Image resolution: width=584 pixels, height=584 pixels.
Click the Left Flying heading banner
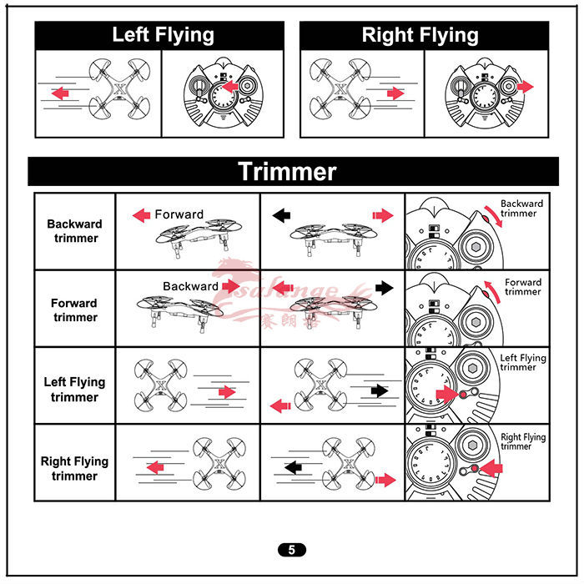163,35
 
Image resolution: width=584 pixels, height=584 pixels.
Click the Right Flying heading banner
420,35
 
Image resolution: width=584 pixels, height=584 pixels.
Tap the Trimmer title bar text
287,171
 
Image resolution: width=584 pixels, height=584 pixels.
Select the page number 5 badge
291,550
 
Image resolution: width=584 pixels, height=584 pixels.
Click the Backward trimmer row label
74,231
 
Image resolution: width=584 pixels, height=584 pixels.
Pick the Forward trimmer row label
74,310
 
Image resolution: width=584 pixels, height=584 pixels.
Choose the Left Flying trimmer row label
74,389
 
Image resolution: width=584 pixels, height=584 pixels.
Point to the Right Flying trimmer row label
74,468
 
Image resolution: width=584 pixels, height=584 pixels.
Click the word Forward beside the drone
179,214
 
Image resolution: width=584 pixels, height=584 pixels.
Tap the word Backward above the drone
190,286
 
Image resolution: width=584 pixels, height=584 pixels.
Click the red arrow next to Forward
142,215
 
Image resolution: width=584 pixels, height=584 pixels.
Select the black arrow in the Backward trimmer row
282,215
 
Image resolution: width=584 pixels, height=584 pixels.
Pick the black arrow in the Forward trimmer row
383,288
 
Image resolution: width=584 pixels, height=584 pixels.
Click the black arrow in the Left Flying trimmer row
379,390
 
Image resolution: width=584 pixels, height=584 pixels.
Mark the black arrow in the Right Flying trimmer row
295,468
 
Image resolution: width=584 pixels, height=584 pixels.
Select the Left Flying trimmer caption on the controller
522,363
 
